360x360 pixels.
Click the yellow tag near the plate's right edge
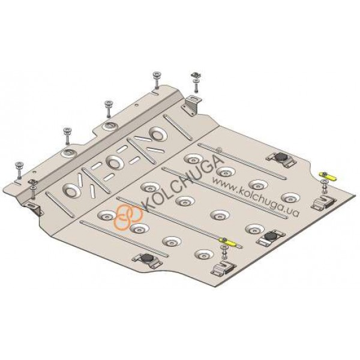pyautogui.click(x=327, y=176)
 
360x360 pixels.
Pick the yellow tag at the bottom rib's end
pyautogui.click(x=227, y=241)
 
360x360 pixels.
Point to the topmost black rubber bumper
pyautogui.click(x=281, y=157)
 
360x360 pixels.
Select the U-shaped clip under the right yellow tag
pyautogui.click(x=323, y=202)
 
